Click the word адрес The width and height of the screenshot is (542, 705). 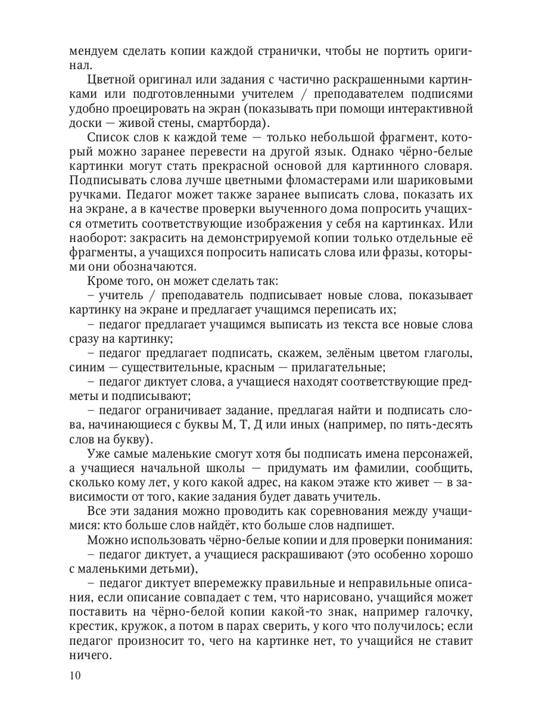click(243, 482)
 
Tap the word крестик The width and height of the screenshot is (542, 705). click(92, 627)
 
